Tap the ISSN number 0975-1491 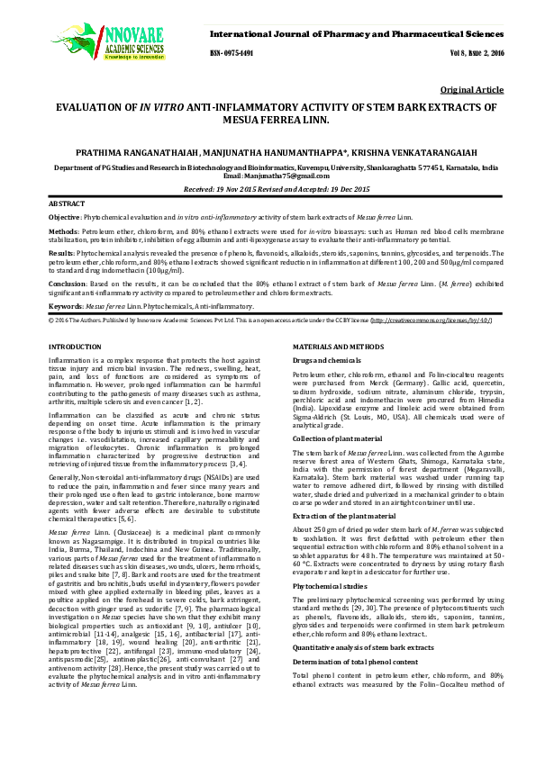click(234, 53)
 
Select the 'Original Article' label click(472, 91)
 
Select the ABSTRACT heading click(67, 205)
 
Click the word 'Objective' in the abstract click(65, 218)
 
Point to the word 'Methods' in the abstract click(63, 231)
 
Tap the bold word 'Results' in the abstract click(61, 255)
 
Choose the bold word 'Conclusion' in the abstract click(68, 284)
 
